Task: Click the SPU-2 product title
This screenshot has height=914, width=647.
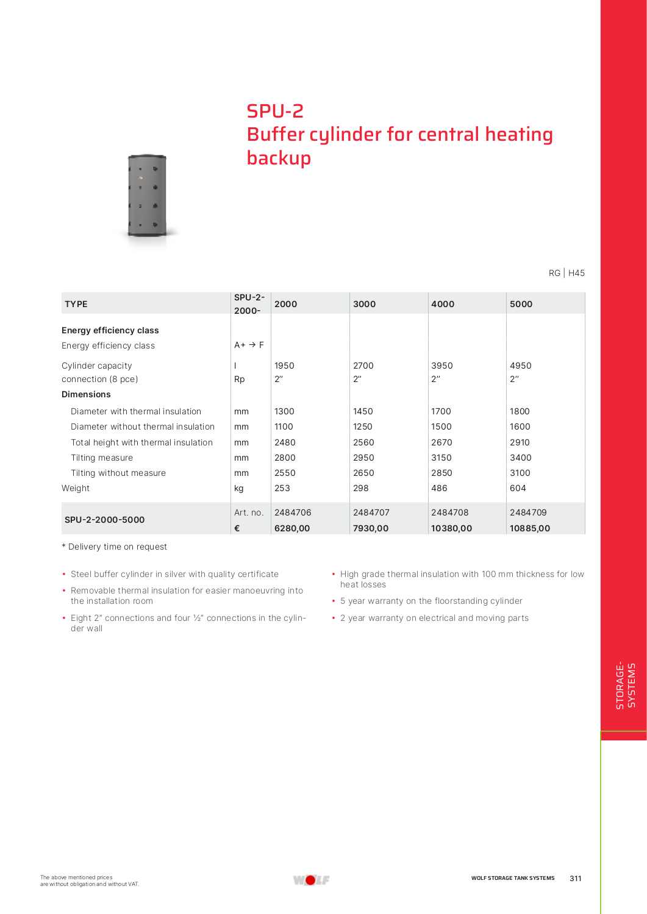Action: point(275,111)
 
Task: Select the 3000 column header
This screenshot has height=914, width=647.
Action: point(364,304)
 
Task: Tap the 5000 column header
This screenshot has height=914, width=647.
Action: point(521,304)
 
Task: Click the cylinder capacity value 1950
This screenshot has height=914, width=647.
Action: point(284,366)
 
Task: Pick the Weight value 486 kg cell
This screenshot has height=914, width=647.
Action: point(439,488)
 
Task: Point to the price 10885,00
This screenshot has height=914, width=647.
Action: point(529,528)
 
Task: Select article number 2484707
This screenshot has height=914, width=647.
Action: point(371,512)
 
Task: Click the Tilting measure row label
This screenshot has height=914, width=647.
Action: point(102,458)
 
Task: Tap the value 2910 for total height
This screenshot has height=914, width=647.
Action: point(520,442)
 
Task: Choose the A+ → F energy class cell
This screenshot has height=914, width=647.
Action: point(249,345)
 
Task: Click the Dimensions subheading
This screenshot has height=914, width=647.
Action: point(86,394)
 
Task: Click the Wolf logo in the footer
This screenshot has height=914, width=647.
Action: point(311,879)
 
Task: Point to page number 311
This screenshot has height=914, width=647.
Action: point(575,878)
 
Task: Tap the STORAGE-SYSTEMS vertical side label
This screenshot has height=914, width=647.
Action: point(625,685)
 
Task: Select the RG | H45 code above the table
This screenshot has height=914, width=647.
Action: point(567,273)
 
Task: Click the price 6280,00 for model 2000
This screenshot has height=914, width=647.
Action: point(292,528)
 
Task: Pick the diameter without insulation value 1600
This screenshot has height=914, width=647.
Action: point(520,427)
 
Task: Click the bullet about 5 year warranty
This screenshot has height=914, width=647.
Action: point(431,601)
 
